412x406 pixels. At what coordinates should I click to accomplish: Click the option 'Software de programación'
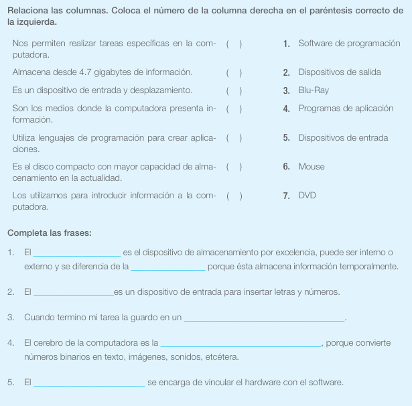pos(349,44)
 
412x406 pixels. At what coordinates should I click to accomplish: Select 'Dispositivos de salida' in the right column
pos(339,72)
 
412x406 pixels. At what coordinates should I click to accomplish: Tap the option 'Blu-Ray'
pos(314,90)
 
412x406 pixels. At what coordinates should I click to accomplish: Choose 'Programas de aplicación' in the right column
pos(346,109)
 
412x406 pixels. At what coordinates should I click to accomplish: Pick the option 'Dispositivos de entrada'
pos(343,138)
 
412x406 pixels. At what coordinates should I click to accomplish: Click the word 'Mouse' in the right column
pos(312,167)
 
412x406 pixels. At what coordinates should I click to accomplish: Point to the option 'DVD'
pos(307,196)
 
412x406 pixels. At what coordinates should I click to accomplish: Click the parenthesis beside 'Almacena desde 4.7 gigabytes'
pos(234,72)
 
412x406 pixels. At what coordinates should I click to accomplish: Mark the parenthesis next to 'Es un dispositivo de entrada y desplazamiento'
pos(234,90)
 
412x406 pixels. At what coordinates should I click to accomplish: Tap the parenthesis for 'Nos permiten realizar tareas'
pos(234,44)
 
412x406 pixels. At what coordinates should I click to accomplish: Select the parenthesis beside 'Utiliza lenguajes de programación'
pos(234,138)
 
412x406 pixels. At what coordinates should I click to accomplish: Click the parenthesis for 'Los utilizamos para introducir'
pos(234,196)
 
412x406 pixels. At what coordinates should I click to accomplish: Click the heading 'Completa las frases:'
pos(50,233)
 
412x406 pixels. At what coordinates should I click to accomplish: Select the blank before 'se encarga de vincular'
pos(88,384)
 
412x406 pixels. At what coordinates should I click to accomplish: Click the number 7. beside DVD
pos(286,196)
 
